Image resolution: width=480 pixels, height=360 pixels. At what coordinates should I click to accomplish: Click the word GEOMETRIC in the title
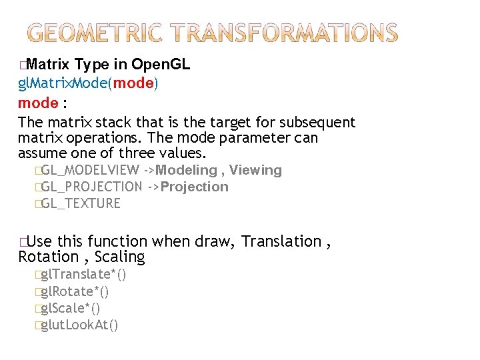pos(97,33)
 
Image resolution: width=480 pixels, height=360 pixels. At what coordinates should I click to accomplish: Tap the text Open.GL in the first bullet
pos(161,65)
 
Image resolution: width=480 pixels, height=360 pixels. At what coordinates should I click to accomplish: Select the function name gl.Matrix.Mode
pos(64,84)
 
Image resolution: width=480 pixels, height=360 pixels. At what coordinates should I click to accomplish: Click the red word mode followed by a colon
pos(38,103)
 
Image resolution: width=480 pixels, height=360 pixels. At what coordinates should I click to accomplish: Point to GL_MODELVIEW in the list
pos(90,171)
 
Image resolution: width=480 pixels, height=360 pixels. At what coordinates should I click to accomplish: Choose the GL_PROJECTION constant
pos(91,187)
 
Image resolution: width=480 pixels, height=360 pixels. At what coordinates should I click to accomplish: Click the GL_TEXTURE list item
pos(81,204)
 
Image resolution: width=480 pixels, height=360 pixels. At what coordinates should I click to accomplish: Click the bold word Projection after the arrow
pos(195,187)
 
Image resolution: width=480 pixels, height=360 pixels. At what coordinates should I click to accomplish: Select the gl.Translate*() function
pos(83,275)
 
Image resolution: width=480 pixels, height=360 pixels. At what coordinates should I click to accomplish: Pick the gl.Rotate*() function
pos(75,292)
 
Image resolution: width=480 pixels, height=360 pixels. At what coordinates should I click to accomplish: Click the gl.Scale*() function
pos(71,309)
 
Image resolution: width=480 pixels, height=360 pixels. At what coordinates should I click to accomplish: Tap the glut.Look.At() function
pos(79,325)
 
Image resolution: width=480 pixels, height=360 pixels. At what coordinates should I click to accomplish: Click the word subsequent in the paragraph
pos(317,123)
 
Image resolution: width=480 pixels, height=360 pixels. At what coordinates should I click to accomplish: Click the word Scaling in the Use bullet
pos(119,257)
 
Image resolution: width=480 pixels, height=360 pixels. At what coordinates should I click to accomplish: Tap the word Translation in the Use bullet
pos(281,241)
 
